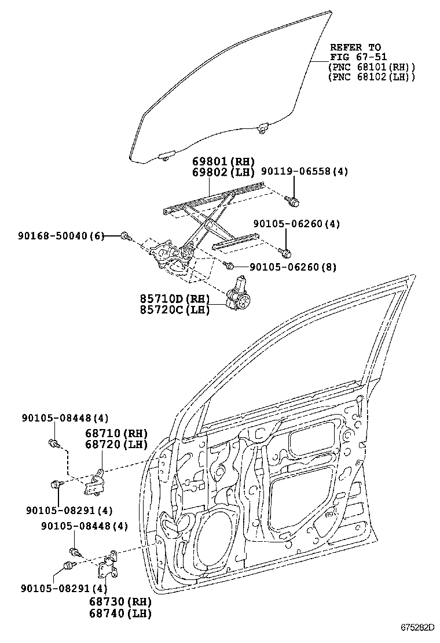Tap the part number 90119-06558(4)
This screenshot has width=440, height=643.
304,172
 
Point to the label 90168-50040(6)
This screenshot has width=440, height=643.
61,236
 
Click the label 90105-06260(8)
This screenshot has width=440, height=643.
293,267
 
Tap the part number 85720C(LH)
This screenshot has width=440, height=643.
174,310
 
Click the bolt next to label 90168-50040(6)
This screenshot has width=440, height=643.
126,235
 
